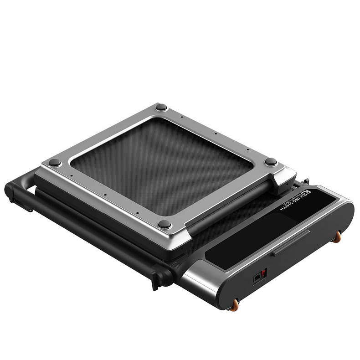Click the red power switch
click(264, 273)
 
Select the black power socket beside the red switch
click(257, 277)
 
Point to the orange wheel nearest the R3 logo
click(338, 236)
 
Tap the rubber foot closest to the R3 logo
click(271, 161)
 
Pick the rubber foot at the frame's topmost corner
click(161, 107)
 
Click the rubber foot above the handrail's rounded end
click(55, 162)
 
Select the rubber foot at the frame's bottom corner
click(165, 224)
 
